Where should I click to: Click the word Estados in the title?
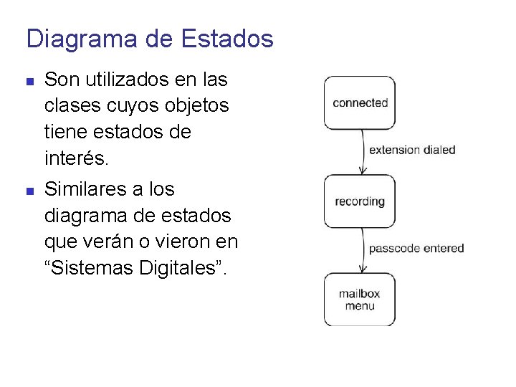pyautogui.click(x=228, y=39)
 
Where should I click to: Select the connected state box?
pyautogui.click(x=360, y=103)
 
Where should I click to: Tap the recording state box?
pyautogui.click(x=360, y=201)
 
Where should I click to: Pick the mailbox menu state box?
pyautogui.click(x=360, y=300)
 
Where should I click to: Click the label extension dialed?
pyautogui.click(x=412, y=150)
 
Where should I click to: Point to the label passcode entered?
pyautogui.click(x=416, y=249)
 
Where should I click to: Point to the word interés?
pyautogui.click(x=77, y=158)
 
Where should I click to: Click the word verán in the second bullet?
pyautogui.click(x=105, y=242)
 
